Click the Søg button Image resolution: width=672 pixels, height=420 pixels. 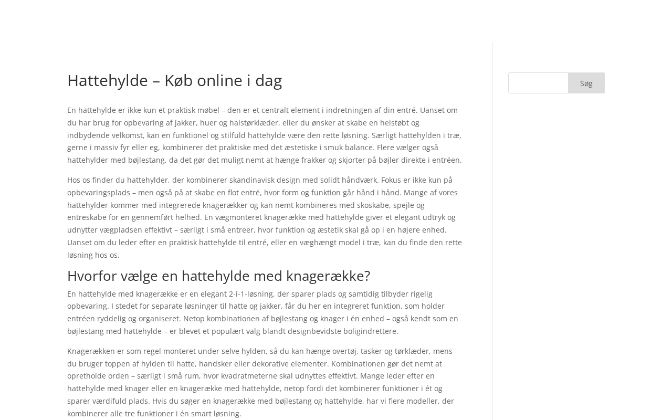pos(586,83)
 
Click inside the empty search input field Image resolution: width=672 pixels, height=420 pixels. pos(538,83)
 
